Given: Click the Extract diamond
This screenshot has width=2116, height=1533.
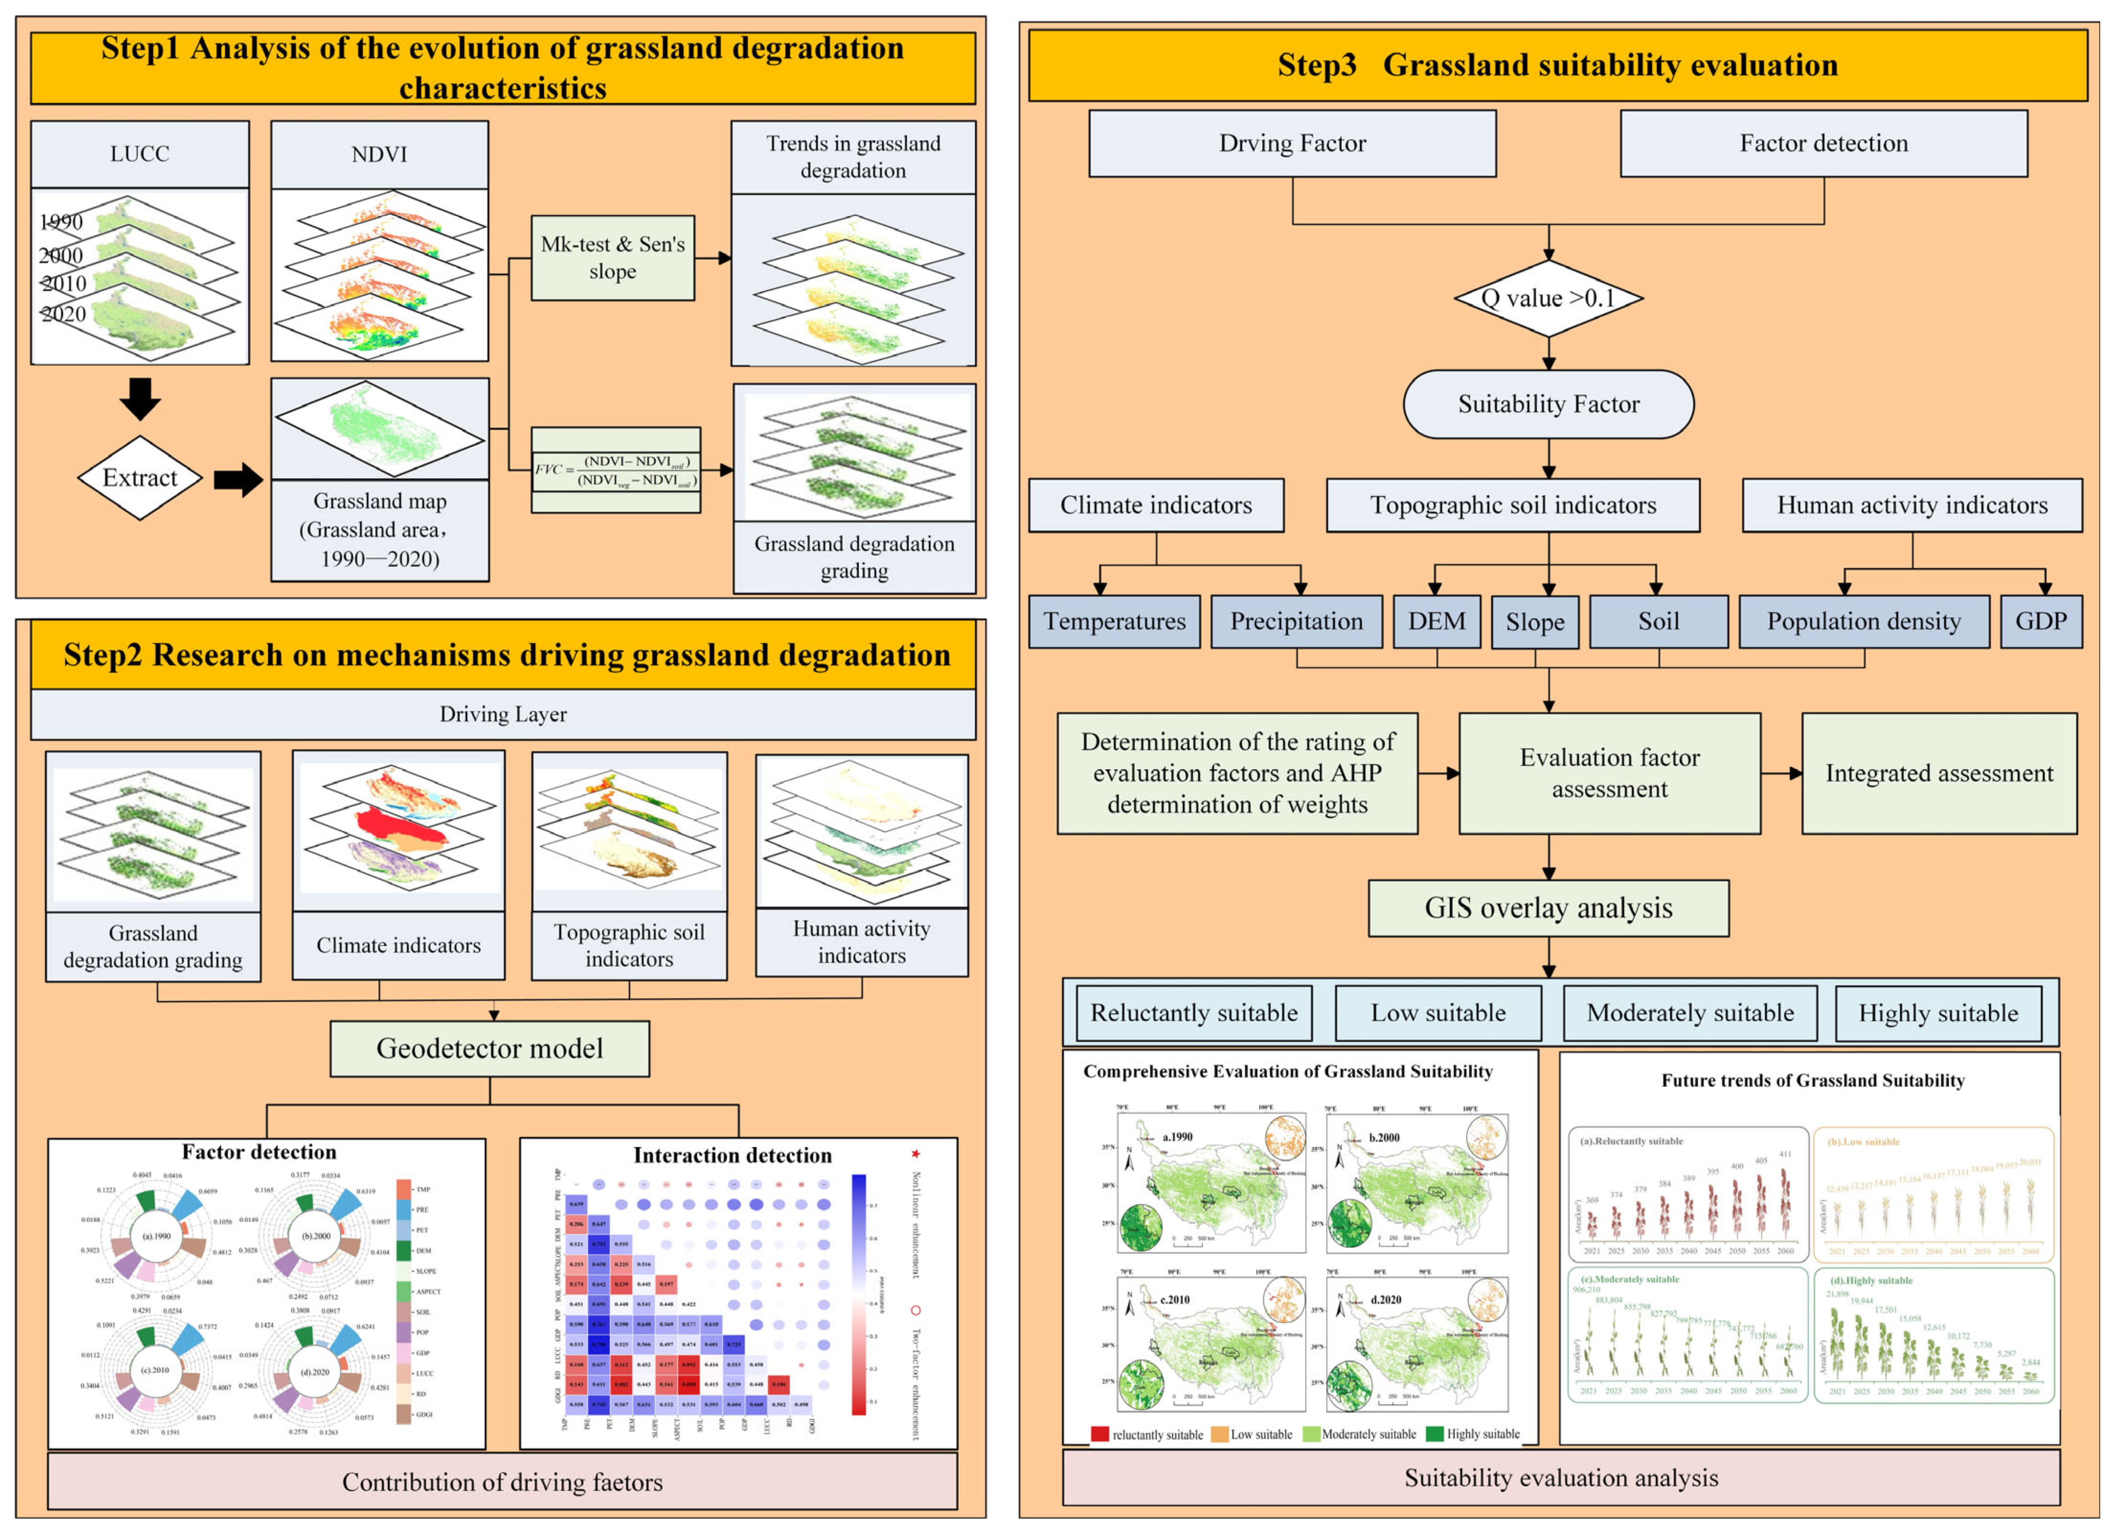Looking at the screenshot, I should coord(140,478).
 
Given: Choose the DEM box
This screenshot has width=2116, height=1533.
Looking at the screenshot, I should coord(1437,622).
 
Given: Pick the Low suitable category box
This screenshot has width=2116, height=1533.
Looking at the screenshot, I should coord(1438,1013).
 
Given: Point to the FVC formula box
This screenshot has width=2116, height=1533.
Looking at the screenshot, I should coord(616,470).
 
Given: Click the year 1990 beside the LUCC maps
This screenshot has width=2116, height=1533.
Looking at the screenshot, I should coord(62,222).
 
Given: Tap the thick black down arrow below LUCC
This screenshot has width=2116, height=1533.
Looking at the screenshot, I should coord(140,399).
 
